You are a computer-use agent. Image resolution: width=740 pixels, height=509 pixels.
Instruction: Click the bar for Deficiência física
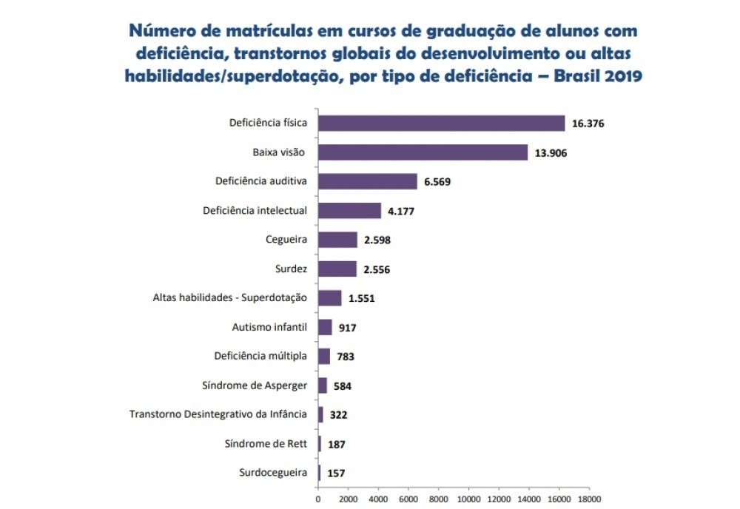click(x=441, y=124)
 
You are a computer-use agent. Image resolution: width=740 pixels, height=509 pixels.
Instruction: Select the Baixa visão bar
click(x=423, y=152)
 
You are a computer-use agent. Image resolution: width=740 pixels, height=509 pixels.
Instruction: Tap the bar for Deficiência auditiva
click(x=367, y=181)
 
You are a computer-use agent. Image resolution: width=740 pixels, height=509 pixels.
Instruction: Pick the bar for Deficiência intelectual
click(x=349, y=211)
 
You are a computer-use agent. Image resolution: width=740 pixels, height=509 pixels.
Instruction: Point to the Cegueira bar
click(x=337, y=240)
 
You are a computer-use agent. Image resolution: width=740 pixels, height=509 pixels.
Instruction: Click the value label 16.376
click(x=588, y=124)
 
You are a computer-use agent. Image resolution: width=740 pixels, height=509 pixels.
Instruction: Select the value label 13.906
click(x=550, y=153)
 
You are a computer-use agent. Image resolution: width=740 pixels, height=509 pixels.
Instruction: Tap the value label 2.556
click(x=377, y=269)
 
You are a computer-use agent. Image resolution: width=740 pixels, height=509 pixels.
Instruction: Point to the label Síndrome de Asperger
click(x=254, y=385)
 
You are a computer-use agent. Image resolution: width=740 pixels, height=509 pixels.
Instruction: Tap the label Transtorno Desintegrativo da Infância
click(x=218, y=414)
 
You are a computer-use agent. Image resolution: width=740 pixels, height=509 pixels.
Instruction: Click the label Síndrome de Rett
click(x=266, y=444)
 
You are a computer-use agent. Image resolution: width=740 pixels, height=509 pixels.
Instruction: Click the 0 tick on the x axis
click(x=318, y=499)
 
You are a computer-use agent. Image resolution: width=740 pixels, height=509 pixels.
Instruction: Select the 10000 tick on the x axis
click(x=468, y=499)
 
